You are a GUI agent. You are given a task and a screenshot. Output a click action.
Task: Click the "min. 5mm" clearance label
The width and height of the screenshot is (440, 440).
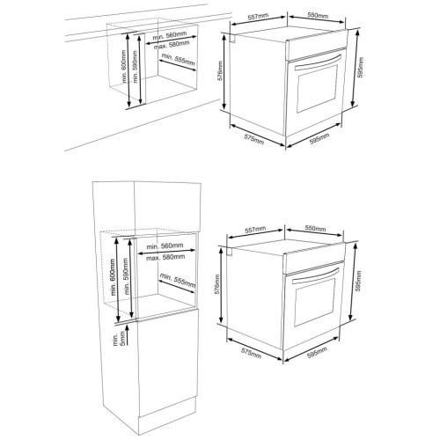point(120,339)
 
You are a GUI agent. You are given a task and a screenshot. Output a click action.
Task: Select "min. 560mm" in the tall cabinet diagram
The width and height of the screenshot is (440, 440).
point(165,246)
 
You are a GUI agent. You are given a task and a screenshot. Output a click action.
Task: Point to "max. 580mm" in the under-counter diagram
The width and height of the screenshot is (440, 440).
point(172,45)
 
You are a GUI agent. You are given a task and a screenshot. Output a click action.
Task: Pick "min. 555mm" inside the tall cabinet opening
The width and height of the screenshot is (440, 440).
point(178,280)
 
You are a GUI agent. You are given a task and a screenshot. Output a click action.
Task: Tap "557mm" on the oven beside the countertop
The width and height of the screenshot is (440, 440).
point(258,17)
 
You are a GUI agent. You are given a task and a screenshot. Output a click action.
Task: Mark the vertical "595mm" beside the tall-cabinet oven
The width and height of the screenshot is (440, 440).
point(358,282)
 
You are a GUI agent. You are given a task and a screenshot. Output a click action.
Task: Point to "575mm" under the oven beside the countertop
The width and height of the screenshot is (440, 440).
point(254,139)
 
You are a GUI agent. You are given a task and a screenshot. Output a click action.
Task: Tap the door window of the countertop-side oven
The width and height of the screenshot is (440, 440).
point(317,88)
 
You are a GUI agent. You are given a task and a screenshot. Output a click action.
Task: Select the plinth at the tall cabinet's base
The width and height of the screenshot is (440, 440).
point(167,418)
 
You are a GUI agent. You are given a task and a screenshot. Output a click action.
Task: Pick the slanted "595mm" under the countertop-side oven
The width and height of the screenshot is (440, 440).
point(319,139)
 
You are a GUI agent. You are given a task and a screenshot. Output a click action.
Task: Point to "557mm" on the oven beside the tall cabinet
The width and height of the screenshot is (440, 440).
point(255,229)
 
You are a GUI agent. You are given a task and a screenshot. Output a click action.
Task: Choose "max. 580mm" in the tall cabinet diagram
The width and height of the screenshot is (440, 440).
point(165,258)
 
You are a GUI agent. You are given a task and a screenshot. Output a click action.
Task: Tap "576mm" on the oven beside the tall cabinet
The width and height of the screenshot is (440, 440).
point(216,284)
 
